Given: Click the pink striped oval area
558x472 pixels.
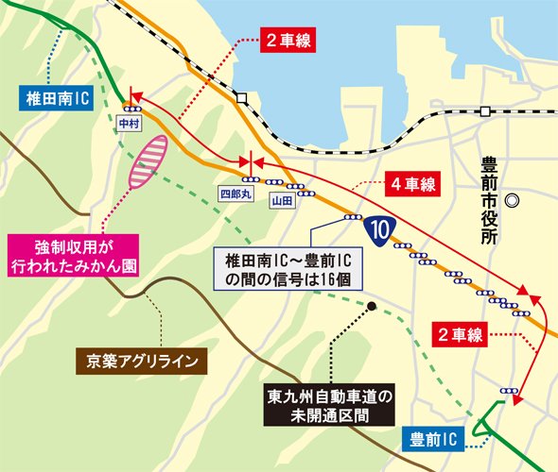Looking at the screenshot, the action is pos(148,160).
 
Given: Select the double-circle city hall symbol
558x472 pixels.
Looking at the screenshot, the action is pos(513,200).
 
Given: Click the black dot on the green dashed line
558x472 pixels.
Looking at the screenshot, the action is pos(373,306).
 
